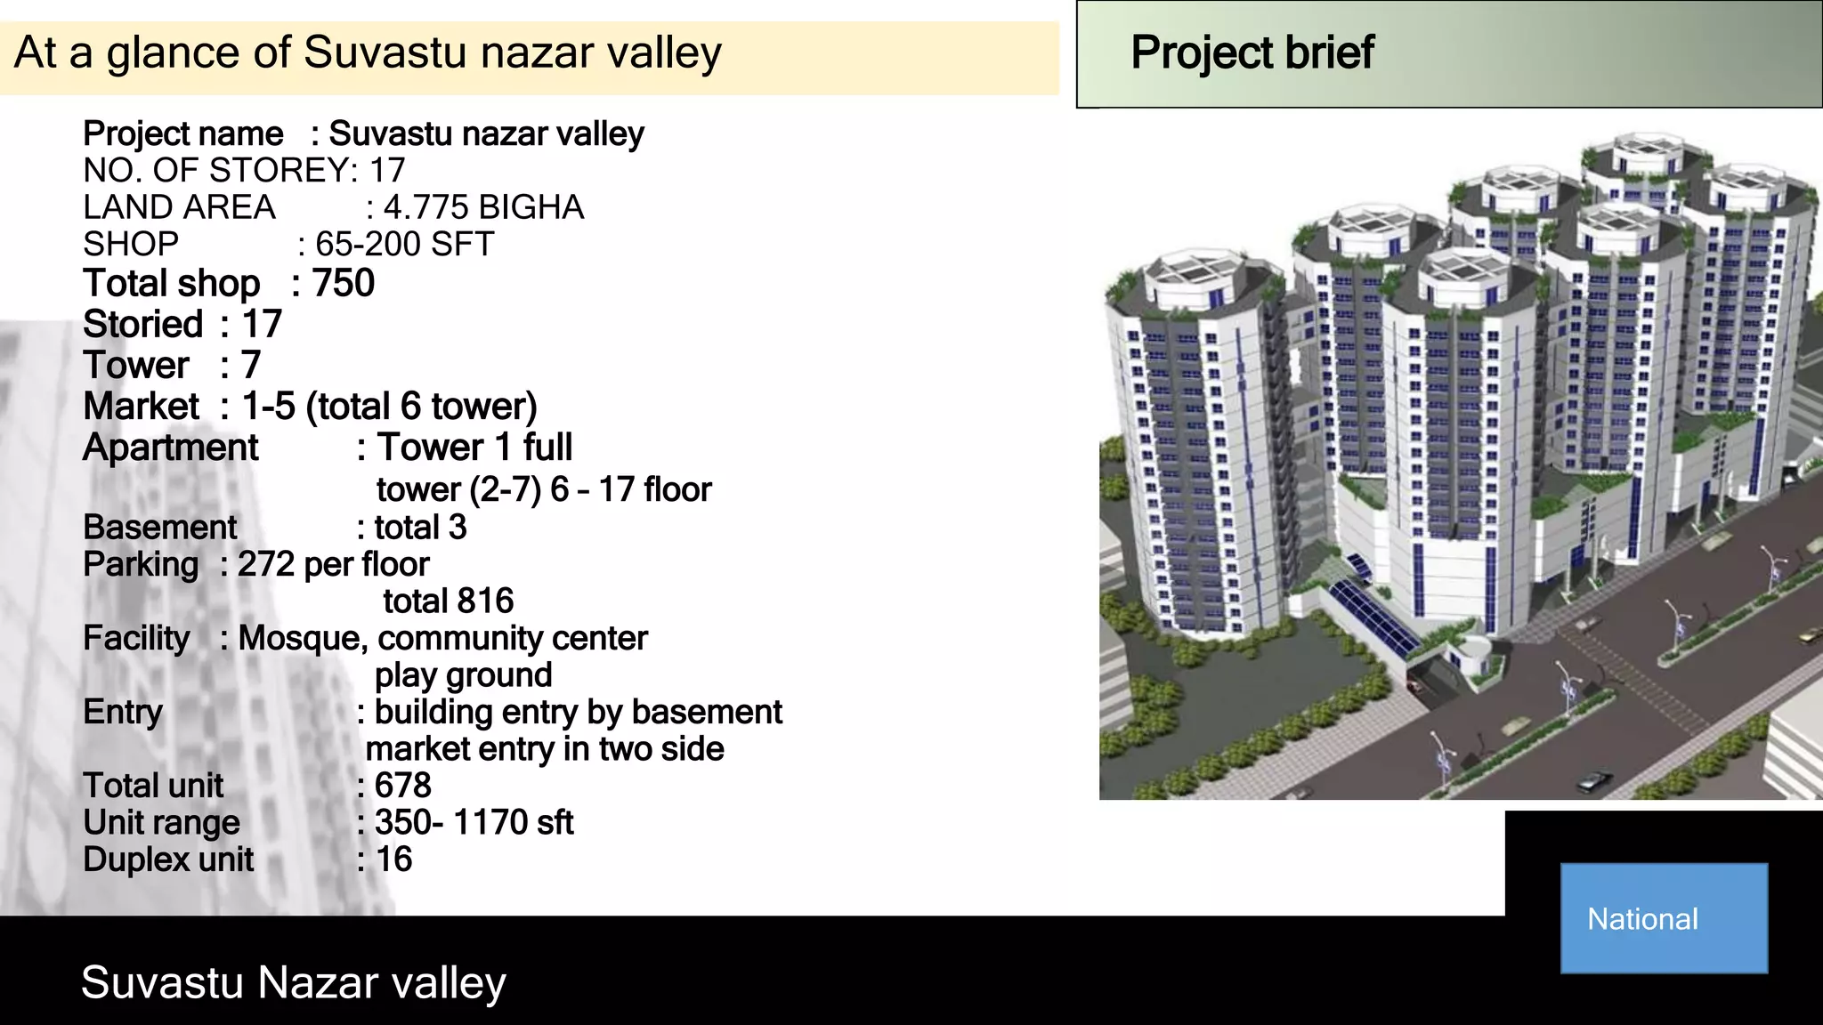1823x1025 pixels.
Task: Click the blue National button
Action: coord(1663,917)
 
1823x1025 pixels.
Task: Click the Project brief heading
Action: coord(1252,52)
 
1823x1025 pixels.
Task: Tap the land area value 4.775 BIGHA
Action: coord(483,207)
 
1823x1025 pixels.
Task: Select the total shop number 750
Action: coord(343,284)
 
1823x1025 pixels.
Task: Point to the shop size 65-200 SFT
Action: coord(404,245)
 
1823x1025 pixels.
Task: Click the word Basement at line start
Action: coord(160,528)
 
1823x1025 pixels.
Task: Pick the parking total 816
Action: coord(448,601)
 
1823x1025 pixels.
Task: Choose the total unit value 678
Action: coord(402,786)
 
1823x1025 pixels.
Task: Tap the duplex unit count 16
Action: coord(393,860)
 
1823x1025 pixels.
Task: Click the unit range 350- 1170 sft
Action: coord(474,823)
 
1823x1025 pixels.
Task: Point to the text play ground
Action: coord(463,675)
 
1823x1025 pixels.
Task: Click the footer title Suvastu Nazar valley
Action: coord(293,983)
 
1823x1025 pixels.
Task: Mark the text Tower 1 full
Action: coord(474,448)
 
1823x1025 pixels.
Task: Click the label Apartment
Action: coord(170,448)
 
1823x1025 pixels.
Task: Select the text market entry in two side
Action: coord(544,749)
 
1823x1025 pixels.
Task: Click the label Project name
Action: coord(182,134)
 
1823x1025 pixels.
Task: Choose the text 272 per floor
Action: coord(333,565)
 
